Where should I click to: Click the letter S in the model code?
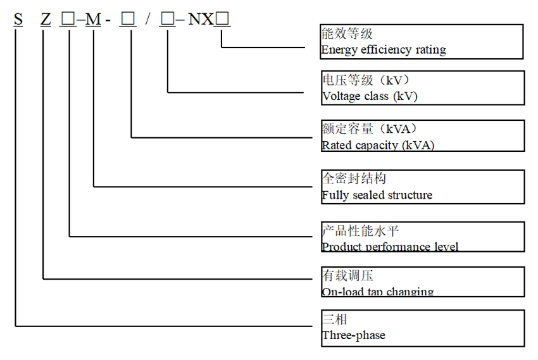(x=18, y=20)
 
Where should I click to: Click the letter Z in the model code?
(x=45, y=20)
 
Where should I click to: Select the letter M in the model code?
(x=93, y=20)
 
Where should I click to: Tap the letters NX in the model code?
(x=201, y=20)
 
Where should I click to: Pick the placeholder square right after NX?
(x=223, y=20)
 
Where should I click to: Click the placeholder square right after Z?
(x=68, y=20)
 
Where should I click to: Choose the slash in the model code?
(x=147, y=20)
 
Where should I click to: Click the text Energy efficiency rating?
(x=384, y=49)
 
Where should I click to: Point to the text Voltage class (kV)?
(x=370, y=96)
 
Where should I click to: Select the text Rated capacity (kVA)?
(x=378, y=145)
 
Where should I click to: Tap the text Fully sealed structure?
(x=377, y=195)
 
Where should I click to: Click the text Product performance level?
(x=390, y=247)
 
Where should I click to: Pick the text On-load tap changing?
(x=378, y=292)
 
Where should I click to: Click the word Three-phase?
(x=353, y=335)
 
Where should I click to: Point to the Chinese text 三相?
(x=335, y=320)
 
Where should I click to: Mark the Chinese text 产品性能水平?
(x=360, y=231)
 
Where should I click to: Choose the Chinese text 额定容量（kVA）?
(x=369, y=130)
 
